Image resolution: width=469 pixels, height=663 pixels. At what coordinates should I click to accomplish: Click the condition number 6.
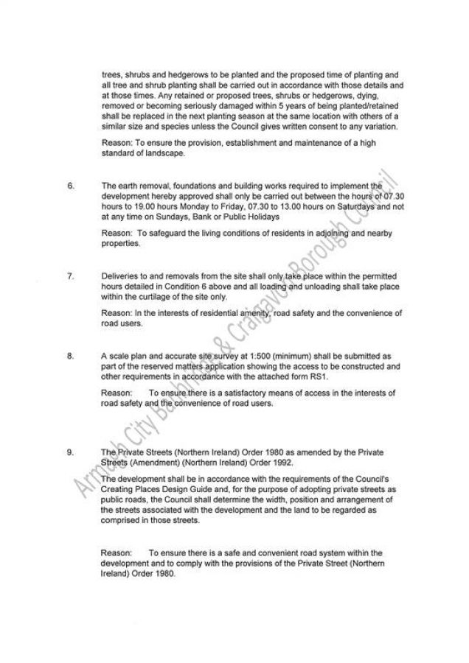[x=71, y=187]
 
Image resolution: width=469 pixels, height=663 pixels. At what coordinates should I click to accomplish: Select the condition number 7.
[x=71, y=276]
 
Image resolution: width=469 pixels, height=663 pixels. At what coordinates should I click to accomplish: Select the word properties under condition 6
[x=119, y=243]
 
